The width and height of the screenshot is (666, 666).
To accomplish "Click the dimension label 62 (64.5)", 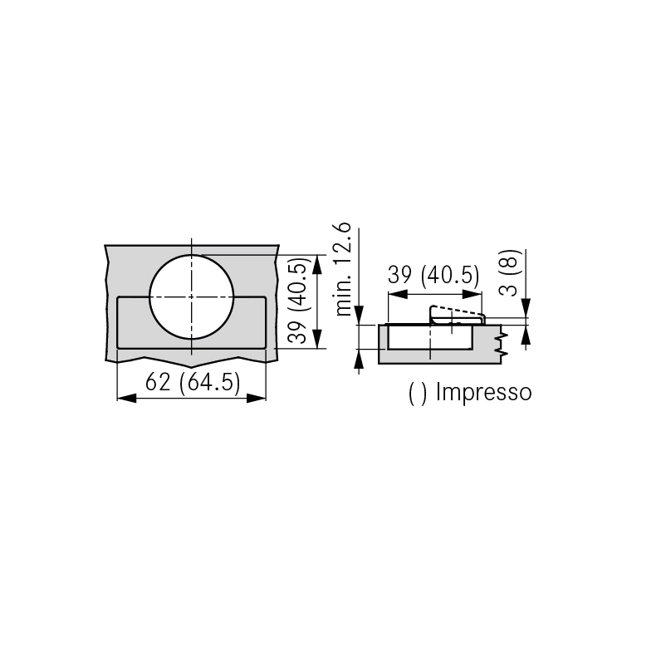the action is pos(193,382).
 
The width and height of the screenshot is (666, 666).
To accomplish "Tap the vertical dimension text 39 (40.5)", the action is pos(297,301).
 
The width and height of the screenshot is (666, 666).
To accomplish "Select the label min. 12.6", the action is pos(343,269).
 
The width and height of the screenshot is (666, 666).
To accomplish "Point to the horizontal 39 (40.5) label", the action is pos(433,275).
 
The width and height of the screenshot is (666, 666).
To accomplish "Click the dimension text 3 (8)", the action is pos(509,273).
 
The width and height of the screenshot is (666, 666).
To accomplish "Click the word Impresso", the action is pos(484,392).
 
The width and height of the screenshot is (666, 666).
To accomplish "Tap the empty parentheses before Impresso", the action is pos(418,394).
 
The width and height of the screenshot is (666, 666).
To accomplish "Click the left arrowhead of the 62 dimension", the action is pos(126,398).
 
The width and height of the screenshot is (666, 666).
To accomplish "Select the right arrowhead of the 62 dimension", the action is pos(256,398).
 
